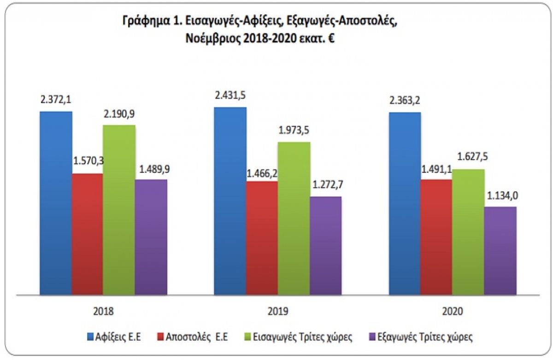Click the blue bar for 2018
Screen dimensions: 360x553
click(x=56, y=203)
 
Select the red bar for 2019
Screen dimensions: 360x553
click(x=262, y=237)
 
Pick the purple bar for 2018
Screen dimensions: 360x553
click(x=151, y=236)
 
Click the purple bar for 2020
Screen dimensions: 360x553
click(x=500, y=250)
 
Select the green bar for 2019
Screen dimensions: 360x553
click(x=294, y=218)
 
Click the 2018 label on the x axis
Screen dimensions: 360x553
click(x=103, y=312)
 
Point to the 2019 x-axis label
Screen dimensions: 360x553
click(x=278, y=312)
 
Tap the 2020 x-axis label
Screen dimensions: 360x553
click(x=453, y=312)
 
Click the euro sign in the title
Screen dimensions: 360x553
click(x=330, y=39)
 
